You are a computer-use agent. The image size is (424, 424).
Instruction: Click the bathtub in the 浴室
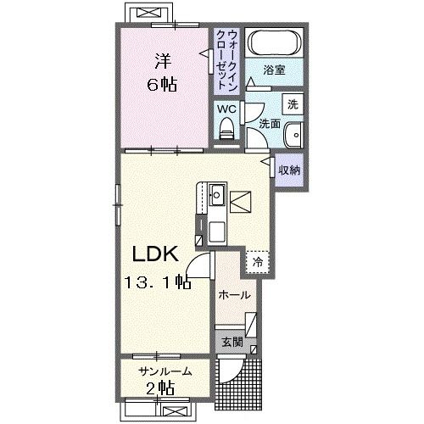pyautogui.click(x=274, y=42)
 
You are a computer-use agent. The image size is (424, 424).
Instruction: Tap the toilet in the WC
pyautogui.click(x=226, y=128)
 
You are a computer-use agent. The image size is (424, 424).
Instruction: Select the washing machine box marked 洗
pyautogui.click(x=293, y=104)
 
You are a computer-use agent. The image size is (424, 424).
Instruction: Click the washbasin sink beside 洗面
pyautogui.click(x=294, y=135)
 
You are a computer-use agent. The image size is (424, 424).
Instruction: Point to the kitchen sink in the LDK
pyautogui.click(x=217, y=195)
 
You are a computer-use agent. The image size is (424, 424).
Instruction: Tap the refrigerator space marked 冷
pyautogui.click(x=257, y=262)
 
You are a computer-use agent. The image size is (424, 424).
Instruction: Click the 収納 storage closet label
pyautogui.click(x=289, y=170)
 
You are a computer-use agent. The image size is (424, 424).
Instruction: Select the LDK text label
pyautogui.click(x=155, y=254)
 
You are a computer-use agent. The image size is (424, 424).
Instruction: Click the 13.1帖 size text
pyautogui.click(x=157, y=282)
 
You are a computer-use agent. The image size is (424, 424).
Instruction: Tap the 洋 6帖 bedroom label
pyautogui.click(x=163, y=73)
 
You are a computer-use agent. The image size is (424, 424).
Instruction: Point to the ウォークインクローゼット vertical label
pyautogui.click(x=226, y=60)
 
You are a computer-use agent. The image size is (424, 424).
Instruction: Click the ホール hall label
pyautogui.click(x=235, y=295)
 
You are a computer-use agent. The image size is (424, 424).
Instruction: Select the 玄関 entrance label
pyautogui.click(x=232, y=342)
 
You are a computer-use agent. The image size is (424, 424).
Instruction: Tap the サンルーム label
pyautogui.click(x=165, y=371)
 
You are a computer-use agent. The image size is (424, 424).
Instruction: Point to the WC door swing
pyautogui.click(x=253, y=113)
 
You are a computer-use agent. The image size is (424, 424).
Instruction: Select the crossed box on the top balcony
pyautogui.click(x=149, y=13)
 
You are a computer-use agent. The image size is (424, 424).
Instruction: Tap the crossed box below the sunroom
pyautogui.click(x=176, y=411)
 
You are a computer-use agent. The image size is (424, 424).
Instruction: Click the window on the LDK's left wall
pyautogui.click(x=118, y=204)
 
